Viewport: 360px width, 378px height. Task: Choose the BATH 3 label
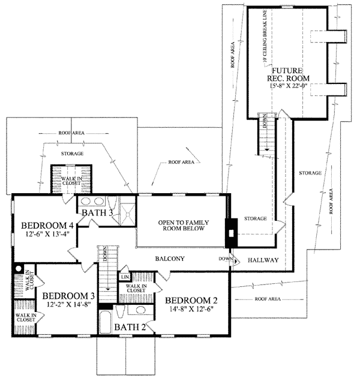[97, 212]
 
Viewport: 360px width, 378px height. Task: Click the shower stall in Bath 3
[127, 208]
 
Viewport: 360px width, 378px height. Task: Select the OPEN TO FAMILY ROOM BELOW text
[182, 225]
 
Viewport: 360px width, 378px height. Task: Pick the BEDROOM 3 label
[69, 296]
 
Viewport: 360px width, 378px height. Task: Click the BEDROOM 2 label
[190, 301]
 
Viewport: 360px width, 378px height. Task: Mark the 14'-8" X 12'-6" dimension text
[190, 310]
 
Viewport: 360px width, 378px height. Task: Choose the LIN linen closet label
[125, 277]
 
